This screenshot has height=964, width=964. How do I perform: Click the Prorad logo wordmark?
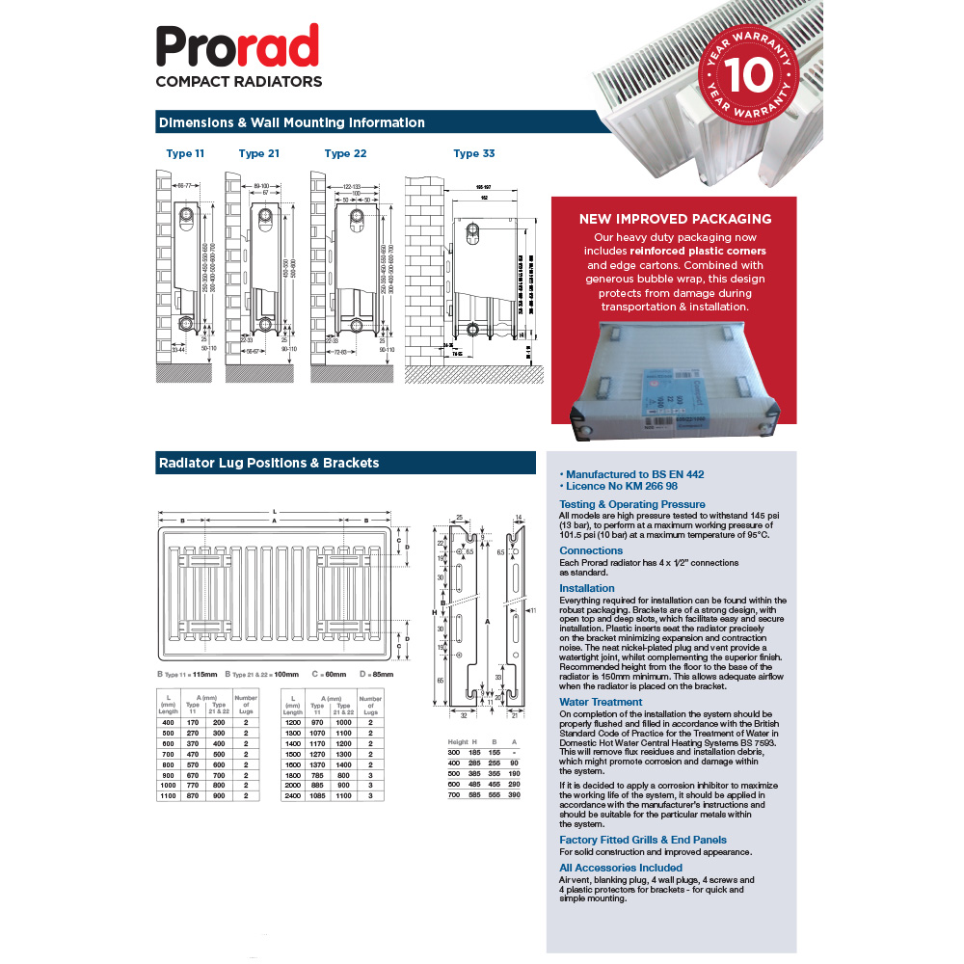[237, 47]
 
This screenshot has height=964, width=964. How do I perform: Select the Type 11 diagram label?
[185, 153]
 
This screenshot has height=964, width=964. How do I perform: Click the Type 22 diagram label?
[345, 153]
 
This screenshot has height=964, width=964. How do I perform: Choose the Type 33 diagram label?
[474, 153]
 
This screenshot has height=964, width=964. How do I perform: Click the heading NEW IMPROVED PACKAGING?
[675, 219]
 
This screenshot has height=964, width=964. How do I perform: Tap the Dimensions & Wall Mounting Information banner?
[291, 122]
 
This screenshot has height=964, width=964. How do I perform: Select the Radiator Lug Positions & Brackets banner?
[268, 463]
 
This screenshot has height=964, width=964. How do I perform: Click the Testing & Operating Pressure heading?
[631, 504]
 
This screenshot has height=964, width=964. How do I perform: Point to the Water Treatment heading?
[601, 702]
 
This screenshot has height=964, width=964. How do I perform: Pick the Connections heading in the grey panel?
[591, 550]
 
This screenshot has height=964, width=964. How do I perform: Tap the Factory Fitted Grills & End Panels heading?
[643, 840]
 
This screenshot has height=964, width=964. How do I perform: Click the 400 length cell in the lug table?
[169, 722]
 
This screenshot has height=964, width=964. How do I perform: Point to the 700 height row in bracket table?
[454, 796]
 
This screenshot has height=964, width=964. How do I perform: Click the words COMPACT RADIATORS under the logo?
[238, 82]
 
